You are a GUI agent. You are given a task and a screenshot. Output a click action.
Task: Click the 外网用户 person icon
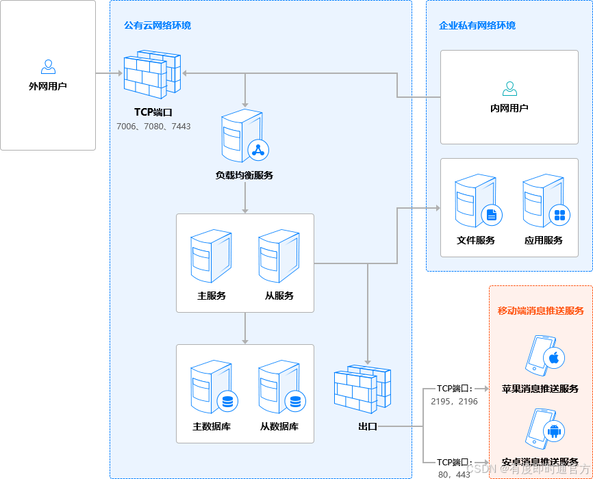coord(48,66)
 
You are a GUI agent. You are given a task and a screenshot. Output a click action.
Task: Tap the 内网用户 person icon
coord(509,88)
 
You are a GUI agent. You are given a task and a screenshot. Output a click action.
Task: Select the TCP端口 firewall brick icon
coord(152,75)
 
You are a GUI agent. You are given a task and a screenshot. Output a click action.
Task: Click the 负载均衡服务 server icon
coord(243,136)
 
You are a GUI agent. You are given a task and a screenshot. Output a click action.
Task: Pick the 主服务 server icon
coord(211,256)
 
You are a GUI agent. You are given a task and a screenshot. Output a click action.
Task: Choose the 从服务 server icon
coord(279,256)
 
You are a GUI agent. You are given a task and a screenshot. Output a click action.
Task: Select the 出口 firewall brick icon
coord(362,390)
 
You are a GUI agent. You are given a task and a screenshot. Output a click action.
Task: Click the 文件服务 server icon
coord(476,202)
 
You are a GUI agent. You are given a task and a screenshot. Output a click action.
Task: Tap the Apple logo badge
coord(554,358)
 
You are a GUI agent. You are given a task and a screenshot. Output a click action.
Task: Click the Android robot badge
coord(554,430)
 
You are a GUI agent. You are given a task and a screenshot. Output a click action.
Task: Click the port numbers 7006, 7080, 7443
coord(153,127)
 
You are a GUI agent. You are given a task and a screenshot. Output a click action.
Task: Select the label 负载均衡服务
coord(244,175)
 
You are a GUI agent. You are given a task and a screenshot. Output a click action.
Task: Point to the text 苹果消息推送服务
coord(540,389)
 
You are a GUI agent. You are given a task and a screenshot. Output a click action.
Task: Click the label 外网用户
coord(48,87)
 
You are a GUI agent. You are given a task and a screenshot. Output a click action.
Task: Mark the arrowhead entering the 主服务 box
coord(245,210)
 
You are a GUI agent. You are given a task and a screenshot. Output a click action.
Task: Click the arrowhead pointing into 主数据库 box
coord(245,341)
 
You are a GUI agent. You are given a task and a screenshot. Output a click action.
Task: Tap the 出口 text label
coord(368,426)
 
